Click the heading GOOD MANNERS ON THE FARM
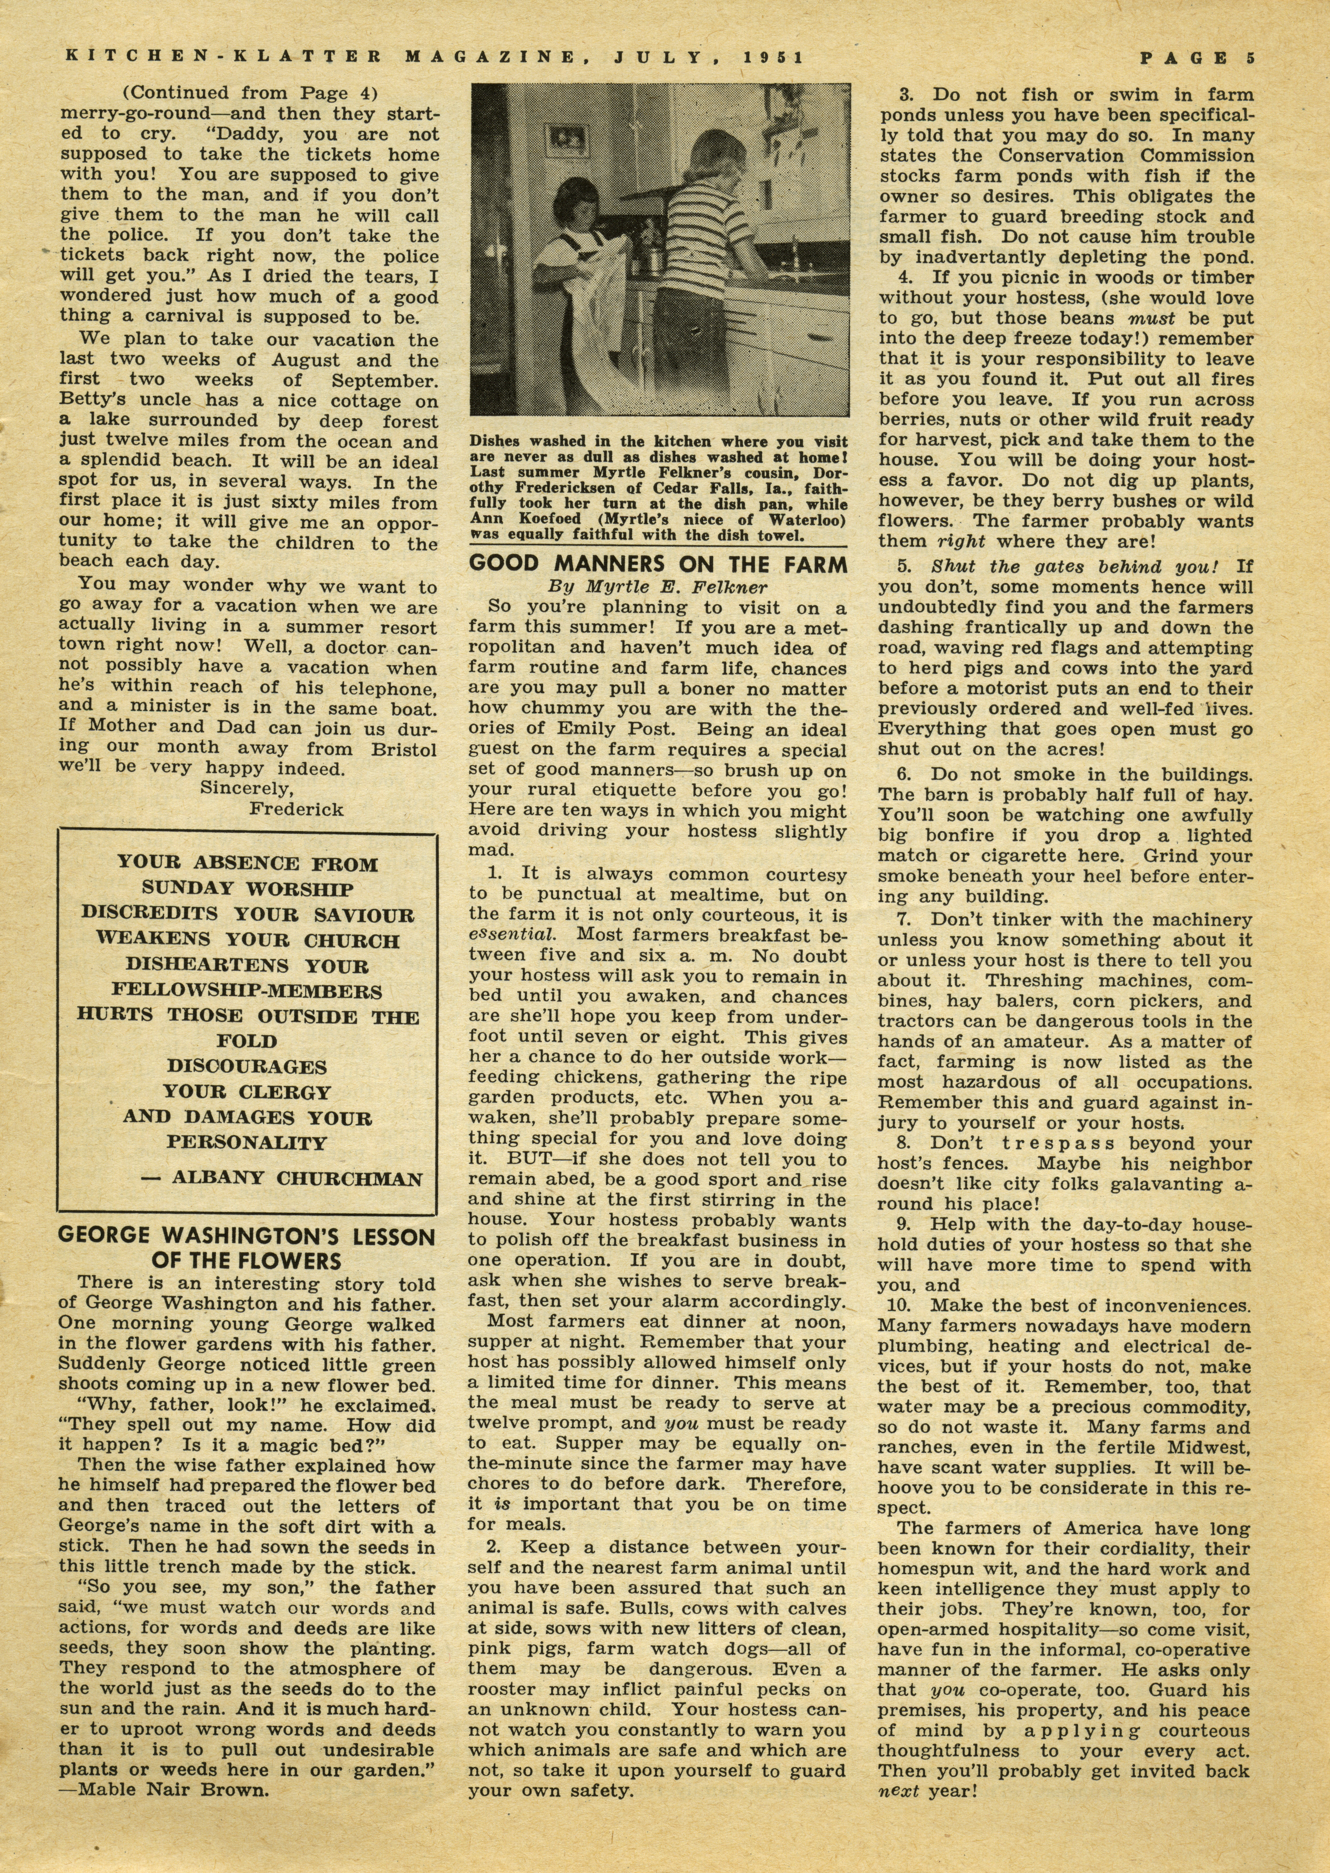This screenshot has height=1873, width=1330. [658, 565]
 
